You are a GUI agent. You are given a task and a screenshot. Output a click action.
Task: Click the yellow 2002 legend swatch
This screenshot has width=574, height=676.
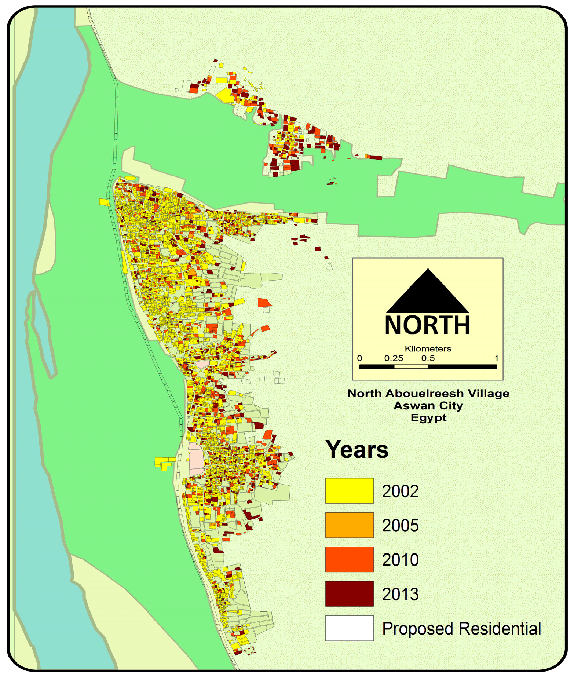[x=349, y=490]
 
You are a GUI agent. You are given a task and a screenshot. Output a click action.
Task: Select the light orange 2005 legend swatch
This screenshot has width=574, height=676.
[x=349, y=525]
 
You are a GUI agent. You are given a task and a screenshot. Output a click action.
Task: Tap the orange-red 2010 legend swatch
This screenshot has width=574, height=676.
[x=349, y=559]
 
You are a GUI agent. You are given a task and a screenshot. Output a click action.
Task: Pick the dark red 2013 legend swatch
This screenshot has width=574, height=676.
[x=349, y=593]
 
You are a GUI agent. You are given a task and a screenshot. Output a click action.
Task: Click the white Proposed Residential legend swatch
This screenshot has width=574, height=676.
[x=349, y=628]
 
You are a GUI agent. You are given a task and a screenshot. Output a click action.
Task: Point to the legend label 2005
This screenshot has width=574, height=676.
[x=400, y=526]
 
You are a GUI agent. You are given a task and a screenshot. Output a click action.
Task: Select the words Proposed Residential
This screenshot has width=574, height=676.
[x=461, y=628]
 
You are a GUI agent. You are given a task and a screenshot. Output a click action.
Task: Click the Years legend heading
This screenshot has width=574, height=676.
[x=357, y=449]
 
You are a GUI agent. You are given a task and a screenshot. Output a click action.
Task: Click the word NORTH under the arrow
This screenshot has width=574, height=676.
[x=428, y=325]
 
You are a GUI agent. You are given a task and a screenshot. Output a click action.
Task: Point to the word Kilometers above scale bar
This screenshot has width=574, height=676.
[x=428, y=348]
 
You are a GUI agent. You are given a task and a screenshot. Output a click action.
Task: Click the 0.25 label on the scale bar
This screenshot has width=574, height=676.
[x=394, y=358]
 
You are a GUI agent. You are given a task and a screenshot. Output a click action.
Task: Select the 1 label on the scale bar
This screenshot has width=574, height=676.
[x=496, y=358]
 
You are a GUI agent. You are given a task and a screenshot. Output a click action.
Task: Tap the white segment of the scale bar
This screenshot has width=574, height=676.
[x=411, y=366]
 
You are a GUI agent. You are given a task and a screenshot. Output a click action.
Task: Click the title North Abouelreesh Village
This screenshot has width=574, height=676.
[x=428, y=393]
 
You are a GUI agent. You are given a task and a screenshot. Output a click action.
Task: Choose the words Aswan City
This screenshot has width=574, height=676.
[x=428, y=405]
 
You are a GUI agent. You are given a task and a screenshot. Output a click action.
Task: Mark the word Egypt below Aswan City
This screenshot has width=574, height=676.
[x=428, y=417]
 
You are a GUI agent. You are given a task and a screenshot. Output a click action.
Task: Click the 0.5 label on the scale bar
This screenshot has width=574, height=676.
[x=428, y=358]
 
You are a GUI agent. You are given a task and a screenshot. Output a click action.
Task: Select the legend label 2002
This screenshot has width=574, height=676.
[x=400, y=491]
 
